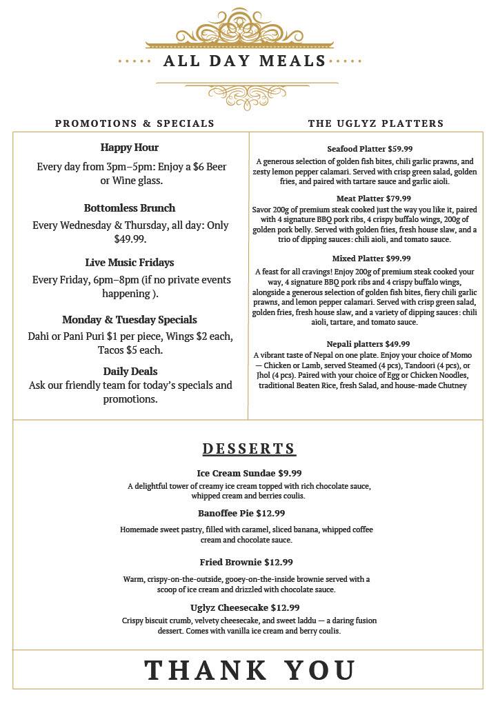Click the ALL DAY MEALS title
point(245,61)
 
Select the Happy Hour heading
point(130,148)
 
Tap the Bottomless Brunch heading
point(130,208)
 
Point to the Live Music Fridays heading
point(130,263)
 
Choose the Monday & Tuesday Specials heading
point(130,320)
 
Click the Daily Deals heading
point(130,372)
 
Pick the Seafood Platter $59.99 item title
point(370,149)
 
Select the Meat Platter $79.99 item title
point(370,199)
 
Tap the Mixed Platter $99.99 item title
point(370,259)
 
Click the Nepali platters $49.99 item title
point(368,344)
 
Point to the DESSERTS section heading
point(249,449)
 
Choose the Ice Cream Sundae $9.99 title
point(249,474)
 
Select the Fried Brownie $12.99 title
point(246,563)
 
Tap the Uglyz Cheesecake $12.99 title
point(245,608)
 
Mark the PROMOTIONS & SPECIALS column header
point(135,123)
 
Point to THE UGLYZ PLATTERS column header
point(376,123)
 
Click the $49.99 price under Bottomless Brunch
point(130,239)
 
